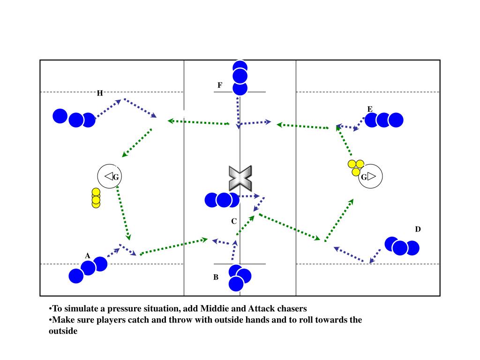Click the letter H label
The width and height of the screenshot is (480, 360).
click(100, 93)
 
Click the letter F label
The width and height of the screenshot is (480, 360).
click(219, 85)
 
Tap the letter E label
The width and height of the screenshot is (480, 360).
click(370, 110)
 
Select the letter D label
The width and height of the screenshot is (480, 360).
click(418, 229)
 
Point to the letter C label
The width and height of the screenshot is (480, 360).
click(233, 221)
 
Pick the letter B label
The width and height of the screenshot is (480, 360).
click(216, 277)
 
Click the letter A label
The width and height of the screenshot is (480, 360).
click(87, 256)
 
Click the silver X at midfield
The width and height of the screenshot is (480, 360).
click(240, 178)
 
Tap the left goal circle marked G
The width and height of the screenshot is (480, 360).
click(110, 177)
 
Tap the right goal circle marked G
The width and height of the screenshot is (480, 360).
click(371, 177)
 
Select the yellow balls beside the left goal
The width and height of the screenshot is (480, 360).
click(96, 198)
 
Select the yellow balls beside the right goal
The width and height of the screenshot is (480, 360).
click(356, 167)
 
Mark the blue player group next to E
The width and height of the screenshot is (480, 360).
click(384, 120)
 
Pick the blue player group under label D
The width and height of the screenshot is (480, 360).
click(402, 246)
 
